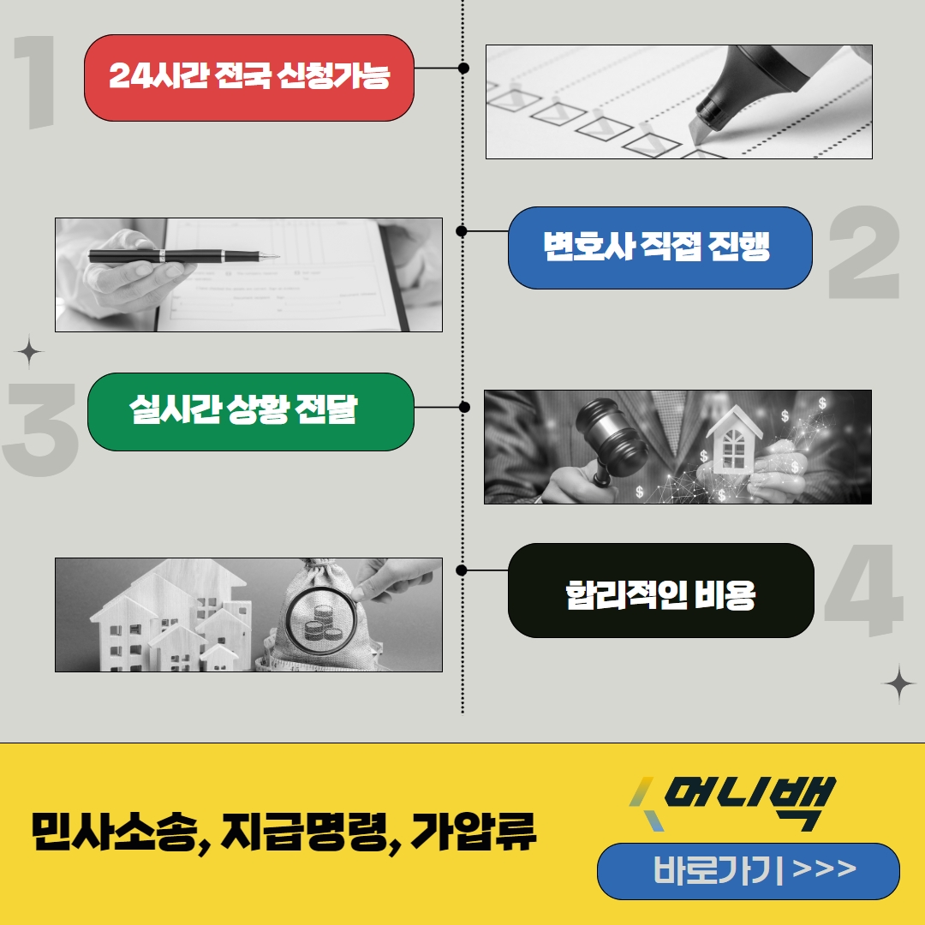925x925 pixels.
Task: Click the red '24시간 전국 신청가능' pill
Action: tap(249, 78)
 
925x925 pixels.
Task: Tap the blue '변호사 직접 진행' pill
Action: tap(659, 248)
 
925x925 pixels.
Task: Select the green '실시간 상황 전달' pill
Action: tap(250, 412)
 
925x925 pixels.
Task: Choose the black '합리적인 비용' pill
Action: tap(660, 591)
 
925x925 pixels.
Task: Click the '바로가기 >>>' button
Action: tap(748, 871)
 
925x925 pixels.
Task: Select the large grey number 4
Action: tap(863, 591)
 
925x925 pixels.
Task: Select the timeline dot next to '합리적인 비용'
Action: tap(462, 570)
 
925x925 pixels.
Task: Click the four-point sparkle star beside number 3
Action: tap(29, 351)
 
